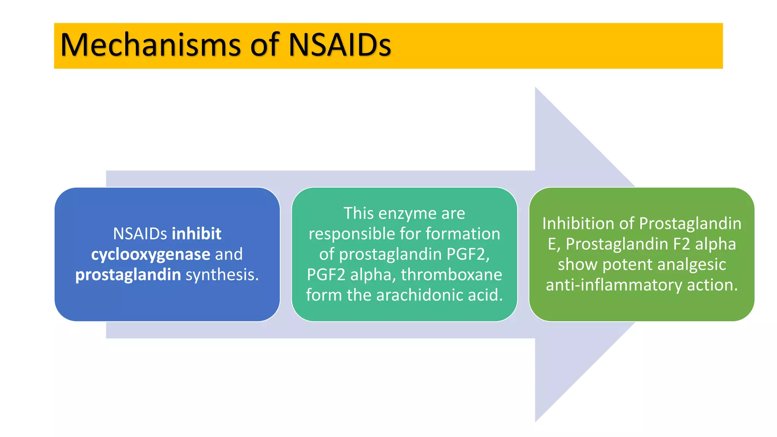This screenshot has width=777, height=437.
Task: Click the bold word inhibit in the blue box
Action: click(197, 234)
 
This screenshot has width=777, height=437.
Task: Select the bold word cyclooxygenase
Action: click(151, 254)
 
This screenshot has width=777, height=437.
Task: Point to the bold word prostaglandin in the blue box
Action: click(128, 275)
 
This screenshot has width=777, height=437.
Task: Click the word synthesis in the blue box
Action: click(222, 275)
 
